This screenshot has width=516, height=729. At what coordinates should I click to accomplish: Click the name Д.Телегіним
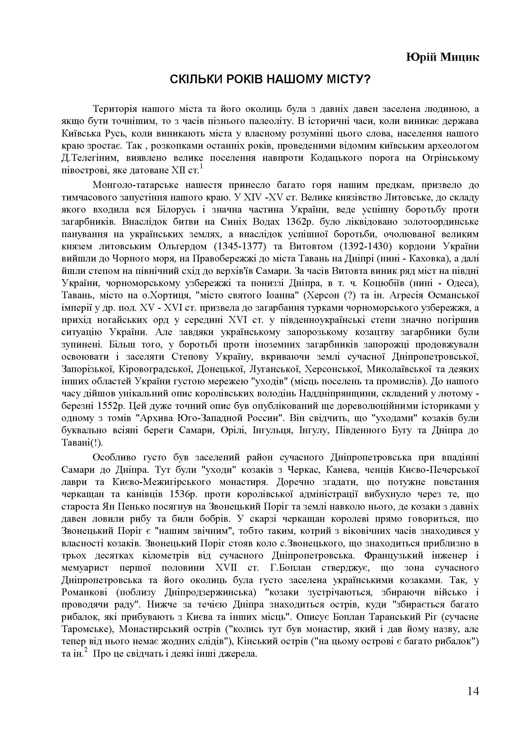(90, 158)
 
